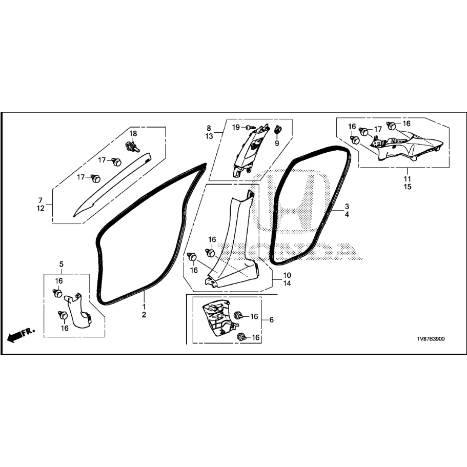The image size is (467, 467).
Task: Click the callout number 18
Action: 133,133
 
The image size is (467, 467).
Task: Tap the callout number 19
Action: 236,128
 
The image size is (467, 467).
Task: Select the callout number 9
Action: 277,144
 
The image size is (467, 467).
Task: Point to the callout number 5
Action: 62,264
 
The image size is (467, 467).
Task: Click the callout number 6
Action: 271,320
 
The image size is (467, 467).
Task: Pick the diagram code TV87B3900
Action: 431,339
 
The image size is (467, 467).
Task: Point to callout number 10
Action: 287,275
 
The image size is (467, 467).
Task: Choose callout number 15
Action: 408,187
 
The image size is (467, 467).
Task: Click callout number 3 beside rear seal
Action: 347,206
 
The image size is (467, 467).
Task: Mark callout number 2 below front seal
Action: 144,315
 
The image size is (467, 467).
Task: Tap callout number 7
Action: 40,200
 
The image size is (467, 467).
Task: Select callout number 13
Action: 209,136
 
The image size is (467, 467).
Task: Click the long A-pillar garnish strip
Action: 113,185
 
